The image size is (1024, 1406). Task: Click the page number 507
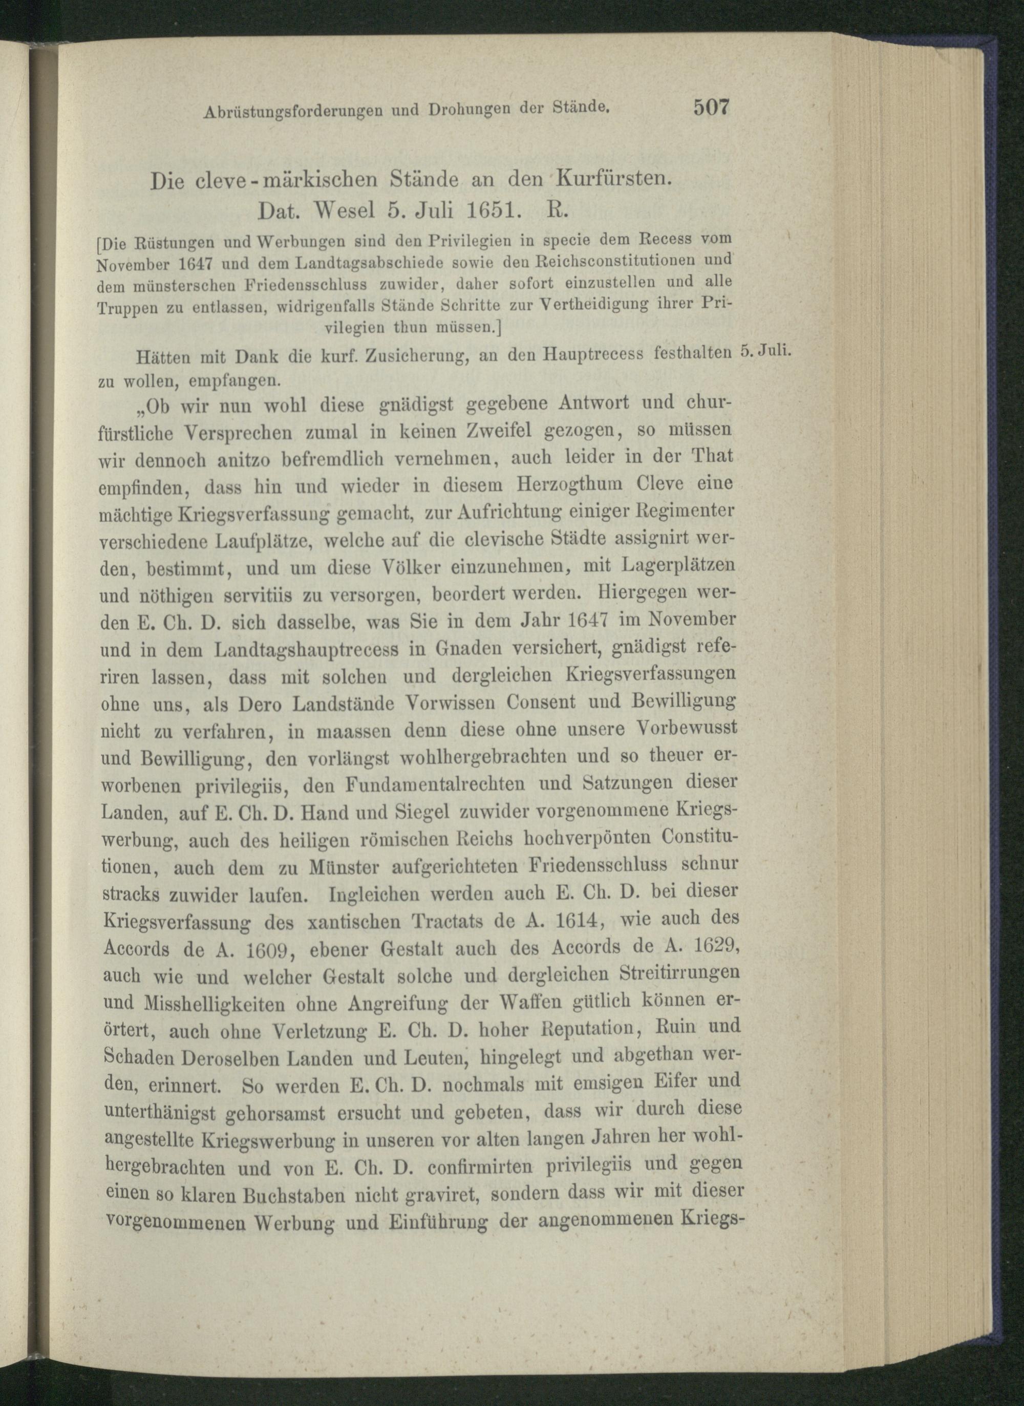coord(712,107)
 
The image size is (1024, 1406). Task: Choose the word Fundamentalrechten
coord(436,784)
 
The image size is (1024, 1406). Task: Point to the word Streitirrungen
coord(680,973)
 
